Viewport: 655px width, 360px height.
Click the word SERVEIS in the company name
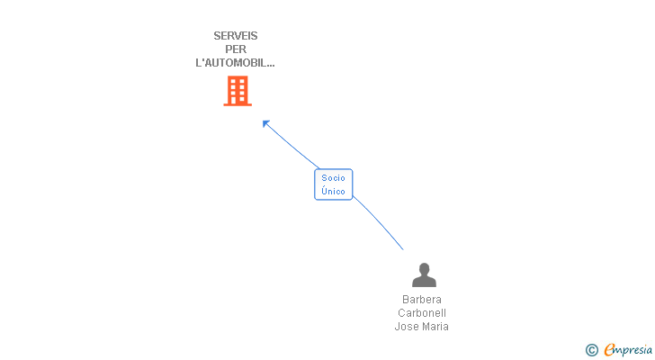coord(236,36)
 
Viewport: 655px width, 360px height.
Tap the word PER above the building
coord(236,49)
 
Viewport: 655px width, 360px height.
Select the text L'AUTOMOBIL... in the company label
coord(236,63)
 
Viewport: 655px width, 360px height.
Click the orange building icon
coord(238,91)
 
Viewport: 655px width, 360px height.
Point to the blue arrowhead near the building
coord(265,123)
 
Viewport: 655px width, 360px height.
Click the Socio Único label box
coord(333,184)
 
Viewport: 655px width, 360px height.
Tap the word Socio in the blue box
coord(333,178)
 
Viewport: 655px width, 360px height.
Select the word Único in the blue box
coord(333,191)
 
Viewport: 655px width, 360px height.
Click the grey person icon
coord(424,275)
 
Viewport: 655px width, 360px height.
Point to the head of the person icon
coord(424,269)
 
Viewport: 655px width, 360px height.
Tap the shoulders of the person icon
coord(424,283)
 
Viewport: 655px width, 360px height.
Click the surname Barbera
coord(422,300)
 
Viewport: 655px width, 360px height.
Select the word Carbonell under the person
coord(422,313)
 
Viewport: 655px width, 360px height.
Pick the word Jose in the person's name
coord(407,327)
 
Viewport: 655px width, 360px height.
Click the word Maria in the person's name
coord(435,327)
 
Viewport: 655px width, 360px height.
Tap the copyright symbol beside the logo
coord(591,350)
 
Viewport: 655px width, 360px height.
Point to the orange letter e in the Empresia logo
coord(609,350)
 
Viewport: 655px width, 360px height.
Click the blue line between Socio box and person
coord(380,222)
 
